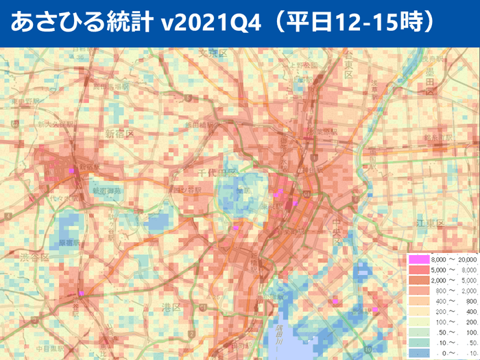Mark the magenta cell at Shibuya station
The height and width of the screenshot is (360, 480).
(82, 293)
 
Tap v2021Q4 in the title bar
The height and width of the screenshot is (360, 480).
(199, 24)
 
